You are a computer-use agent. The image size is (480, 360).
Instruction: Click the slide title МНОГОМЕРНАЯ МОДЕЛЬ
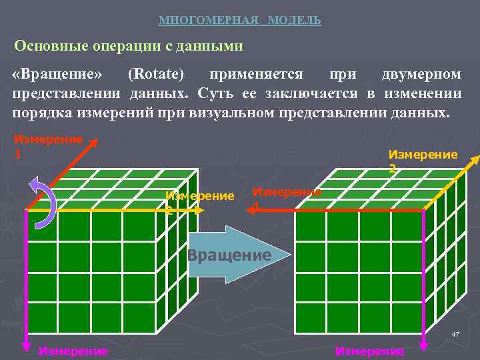click(240, 21)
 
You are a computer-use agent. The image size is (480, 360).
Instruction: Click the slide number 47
click(455, 333)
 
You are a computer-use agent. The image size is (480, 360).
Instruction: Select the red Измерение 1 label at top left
click(47, 145)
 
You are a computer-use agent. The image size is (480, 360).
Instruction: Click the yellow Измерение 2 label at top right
click(423, 160)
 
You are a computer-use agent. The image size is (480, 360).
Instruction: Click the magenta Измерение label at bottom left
click(73, 351)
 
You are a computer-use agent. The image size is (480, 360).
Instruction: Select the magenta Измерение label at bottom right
click(369, 351)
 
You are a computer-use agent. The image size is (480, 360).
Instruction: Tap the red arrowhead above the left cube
click(95, 143)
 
